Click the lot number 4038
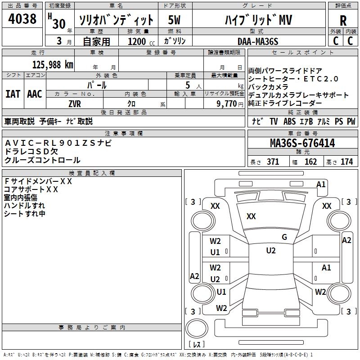22,19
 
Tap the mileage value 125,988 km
53,64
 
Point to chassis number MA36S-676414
302,144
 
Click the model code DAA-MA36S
258,41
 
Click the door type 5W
175,20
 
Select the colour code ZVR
75,103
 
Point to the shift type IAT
13,94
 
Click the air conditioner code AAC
34,94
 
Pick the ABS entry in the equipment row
290,121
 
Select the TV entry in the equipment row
274,121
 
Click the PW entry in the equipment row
351,121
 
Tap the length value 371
273,162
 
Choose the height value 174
347,162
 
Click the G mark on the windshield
284,237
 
